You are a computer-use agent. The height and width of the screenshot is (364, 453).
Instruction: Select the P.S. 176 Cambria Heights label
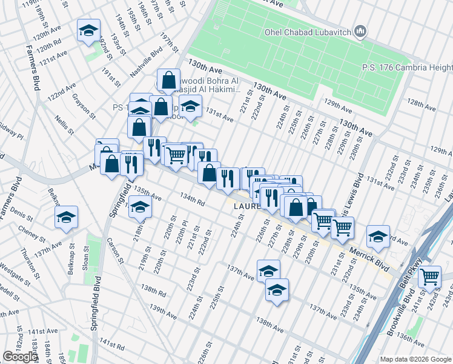pyautogui.click(x=406, y=67)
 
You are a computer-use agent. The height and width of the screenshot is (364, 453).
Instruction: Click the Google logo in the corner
pyautogui.click(x=20, y=357)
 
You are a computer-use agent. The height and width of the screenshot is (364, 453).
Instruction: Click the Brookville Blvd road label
pyautogui.click(x=410, y=303)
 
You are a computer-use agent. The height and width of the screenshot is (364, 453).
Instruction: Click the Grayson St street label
pyautogui.click(x=84, y=104)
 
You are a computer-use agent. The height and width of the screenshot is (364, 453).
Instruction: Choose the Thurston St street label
pyautogui.click(x=28, y=261)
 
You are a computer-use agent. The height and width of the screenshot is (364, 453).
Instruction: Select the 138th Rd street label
pyautogui.click(x=154, y=292)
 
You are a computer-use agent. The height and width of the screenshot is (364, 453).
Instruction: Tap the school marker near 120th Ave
pyautogui.click(x=88, y=31)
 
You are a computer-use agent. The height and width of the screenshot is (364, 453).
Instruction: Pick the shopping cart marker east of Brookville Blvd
pyautogui.click(x=429, y=277)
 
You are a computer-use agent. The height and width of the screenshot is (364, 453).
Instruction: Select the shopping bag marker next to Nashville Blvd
pyautogui.click(x=168, y=80)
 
